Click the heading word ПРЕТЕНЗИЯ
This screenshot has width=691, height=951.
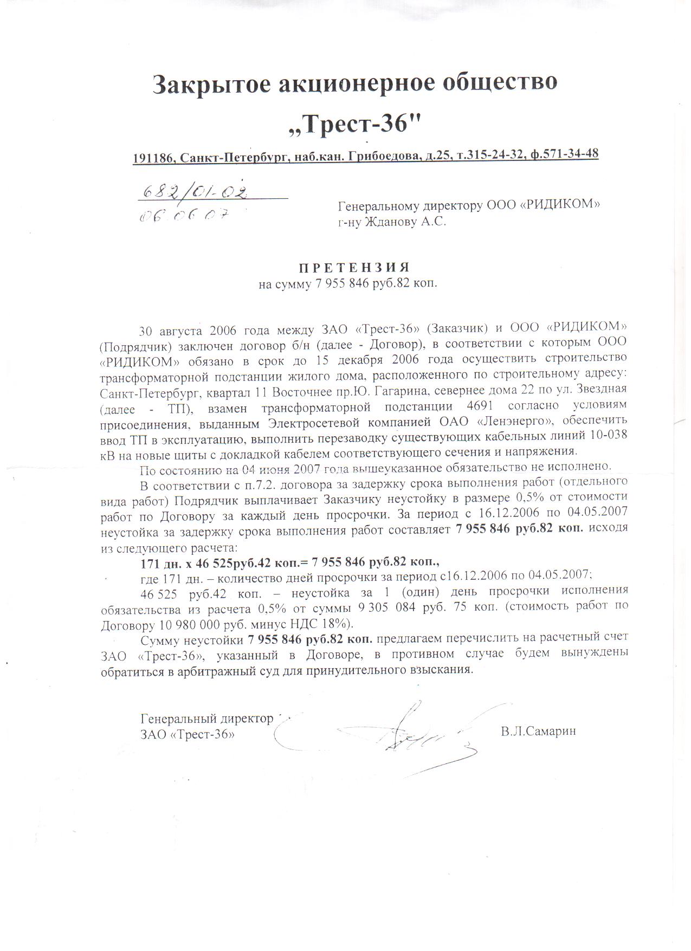pos(354,268)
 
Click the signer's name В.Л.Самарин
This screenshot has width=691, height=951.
pos(538,732)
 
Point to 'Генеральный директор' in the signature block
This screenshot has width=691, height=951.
pos(206,719)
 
